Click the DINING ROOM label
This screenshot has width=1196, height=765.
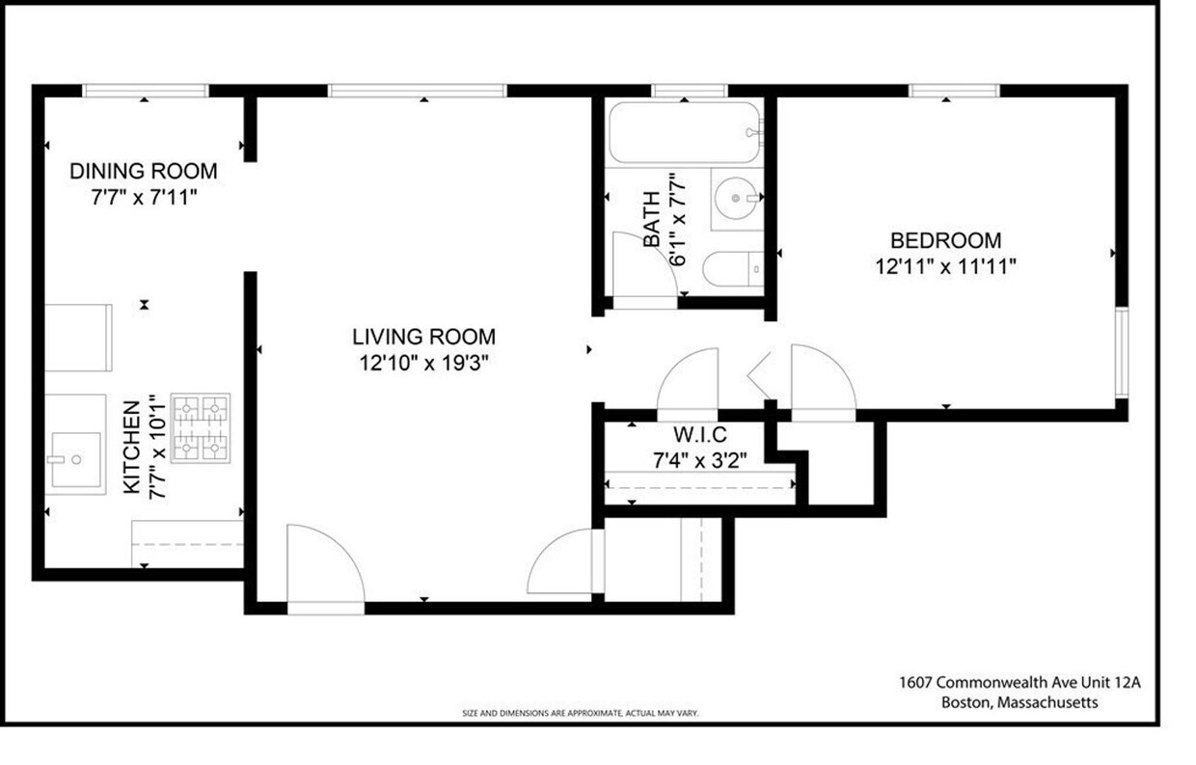pyautogui.click(x=143, y=172)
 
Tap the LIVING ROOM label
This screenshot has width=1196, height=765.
pyautogui.click(x=423, y=337)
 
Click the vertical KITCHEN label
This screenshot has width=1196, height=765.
pyautogui.click(x=132, y=448)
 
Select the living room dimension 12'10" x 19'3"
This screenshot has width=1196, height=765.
pyautogui.click(x=423, y=363)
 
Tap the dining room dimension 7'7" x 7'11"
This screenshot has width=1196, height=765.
pyautogui.click(x=143, y=197)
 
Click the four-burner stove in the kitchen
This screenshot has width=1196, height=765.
pyautogui.click(x=201, y=427)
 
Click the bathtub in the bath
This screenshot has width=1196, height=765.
pyautogui.click(x=685, y=133)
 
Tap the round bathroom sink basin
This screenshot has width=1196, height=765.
pyautogui.click(x=737, y=199)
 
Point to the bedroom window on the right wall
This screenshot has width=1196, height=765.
pyautogui.click(x=1120, y=352)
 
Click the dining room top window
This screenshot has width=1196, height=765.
pyautogui.click(x=145, y=91)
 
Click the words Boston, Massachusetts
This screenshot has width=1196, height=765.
pyautogui.click(x=1019, y=702)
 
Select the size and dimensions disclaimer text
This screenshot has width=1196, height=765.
pyautogui.click(x=580, y=714)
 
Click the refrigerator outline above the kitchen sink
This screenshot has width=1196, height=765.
pyautogui.click(x=76, y=338)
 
